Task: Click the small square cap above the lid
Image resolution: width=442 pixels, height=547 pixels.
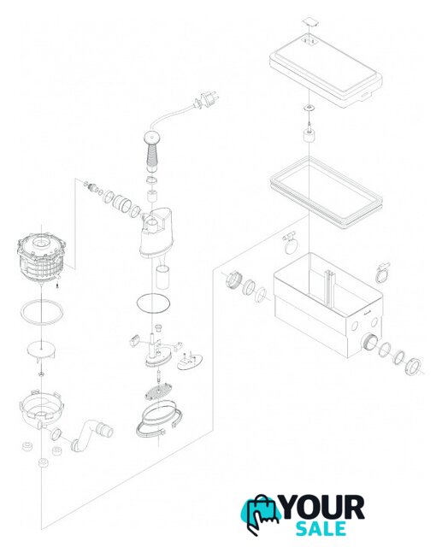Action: point(309,21)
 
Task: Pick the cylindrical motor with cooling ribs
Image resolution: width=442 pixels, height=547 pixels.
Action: point(40,258)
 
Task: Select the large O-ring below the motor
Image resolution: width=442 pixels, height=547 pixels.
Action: point(42,311)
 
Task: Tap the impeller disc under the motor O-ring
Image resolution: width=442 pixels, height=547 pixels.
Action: point(42,350)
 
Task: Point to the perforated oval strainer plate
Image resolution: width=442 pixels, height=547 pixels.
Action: point(160,391)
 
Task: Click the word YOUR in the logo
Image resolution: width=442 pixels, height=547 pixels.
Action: point(322,508)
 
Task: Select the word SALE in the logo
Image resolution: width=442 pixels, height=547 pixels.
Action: point(321,529)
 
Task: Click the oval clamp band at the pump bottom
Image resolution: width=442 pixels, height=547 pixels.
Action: point(159,421)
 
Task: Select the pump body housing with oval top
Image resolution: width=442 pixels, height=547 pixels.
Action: point(156,232)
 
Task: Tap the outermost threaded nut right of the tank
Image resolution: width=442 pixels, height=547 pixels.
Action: point(413,366)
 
